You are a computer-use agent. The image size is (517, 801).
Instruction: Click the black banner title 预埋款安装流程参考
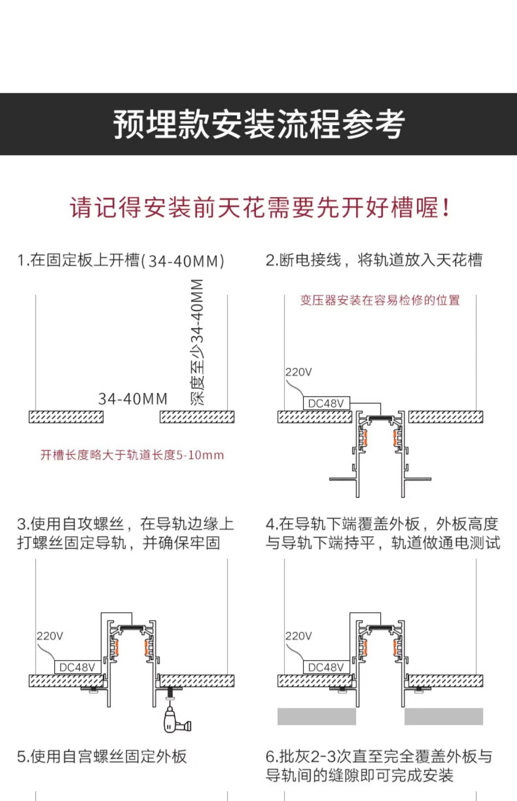pyautogui.click(x=258, y=124)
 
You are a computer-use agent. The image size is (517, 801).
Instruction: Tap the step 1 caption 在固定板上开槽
pyautogui.click(x=121, y=261)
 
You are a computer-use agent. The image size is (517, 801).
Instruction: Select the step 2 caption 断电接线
pyautogui.click(x=374, y=260)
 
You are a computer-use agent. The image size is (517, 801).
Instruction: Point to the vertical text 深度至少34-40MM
pyautogui.click(x=197, y=342)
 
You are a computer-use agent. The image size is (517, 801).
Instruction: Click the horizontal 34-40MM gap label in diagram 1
pyautogui.click(x=133, y=399)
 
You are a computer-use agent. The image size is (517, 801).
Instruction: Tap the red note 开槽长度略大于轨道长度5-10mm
pyautogui.click(x=132, y=455)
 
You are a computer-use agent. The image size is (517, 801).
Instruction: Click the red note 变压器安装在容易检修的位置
pyautogui.click(x=380, y=300)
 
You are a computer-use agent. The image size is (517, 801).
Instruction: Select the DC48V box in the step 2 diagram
pyautogui.click(x=326, y=403)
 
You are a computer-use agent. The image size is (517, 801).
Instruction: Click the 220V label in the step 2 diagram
pyautogui.click(x=299, y=372)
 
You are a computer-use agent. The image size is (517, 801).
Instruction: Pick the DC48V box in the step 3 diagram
pyautogui.click(x=78, y=667)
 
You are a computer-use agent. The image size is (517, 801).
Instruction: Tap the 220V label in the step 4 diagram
pyautogui.click(x=299, y=636)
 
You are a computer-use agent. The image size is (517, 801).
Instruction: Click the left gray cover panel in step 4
pyautogui.click(x=316, y=716)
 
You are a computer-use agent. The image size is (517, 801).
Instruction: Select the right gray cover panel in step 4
pyautogui.click(x=444, y=716)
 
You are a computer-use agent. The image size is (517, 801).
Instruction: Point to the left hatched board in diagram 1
pyautogui.click(x=66, y=417)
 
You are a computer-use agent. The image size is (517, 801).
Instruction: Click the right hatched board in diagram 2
pyautogui.click(x=446, y=417)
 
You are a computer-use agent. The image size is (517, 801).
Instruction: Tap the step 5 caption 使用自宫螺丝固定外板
pyautogui.click(x=102, y=756)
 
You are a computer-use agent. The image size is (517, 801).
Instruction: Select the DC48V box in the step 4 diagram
pyautogui.click(x=326, y=667)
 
